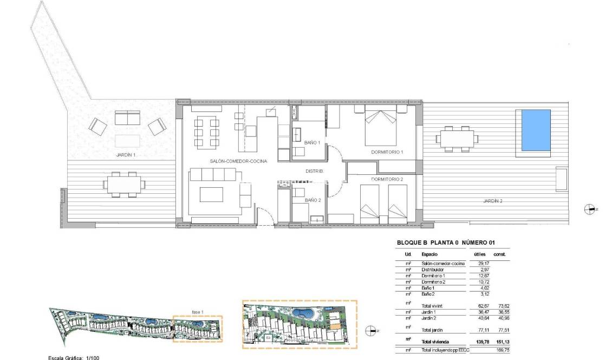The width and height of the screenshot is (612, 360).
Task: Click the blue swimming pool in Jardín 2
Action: point(536,130)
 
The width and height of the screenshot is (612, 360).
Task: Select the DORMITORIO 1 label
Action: point(387,153)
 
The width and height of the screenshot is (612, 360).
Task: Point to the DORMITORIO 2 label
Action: point(387,179)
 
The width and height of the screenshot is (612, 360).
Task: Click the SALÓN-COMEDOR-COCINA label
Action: point(238,161)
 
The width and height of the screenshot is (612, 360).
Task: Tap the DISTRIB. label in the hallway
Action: point(315,171)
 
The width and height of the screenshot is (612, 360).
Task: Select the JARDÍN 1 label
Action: point(126,155)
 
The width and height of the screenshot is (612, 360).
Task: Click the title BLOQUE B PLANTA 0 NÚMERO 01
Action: point(446,244)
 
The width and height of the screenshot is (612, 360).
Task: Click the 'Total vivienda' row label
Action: point(435,342)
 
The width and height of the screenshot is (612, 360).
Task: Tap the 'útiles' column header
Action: point(480,254)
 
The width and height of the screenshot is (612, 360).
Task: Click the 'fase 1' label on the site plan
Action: point(198,312)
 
